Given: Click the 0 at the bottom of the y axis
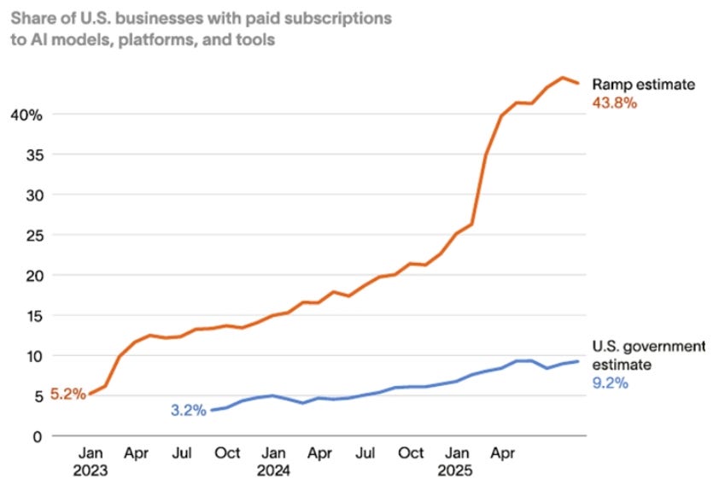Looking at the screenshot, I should [x=36, y=436].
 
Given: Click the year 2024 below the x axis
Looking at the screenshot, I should [x=273, y=471].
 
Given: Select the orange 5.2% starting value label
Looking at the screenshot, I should [x=66, y=395].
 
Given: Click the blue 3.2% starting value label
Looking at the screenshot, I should [x=188, y=411].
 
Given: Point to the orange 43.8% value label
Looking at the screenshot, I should [x=615, y=102].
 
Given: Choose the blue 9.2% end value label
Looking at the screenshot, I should [x=611, y=383].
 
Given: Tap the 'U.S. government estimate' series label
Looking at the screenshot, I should [x=649, y=355].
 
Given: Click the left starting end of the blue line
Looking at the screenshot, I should [x=211, y=410].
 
